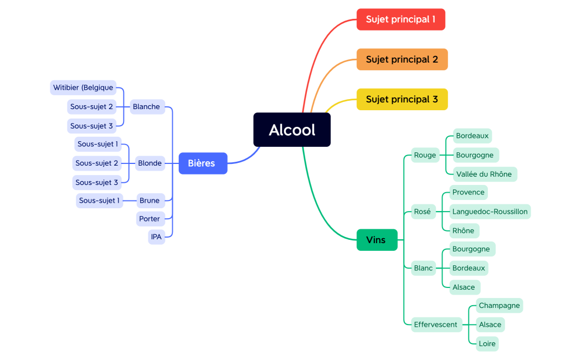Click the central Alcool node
click(292, 130)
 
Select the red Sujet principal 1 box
click(400, 19)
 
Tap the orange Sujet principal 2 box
click(402, 59)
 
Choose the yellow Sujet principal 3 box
click(402, 99)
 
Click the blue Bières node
click(203, 163)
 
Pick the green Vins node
click(377, 240)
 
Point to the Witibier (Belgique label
click(83, 88)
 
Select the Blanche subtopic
click(147, 107)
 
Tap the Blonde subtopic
click(150, 163)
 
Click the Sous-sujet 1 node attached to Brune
click(99, 200)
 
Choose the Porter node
click(150, 219)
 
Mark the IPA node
click(157, 237)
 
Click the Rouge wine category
click(425, 155)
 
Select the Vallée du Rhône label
click(484, 174)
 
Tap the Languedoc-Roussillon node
click(490, 211)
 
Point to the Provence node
click(468, 192)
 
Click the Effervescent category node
click(436, 325)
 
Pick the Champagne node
click(499, 305)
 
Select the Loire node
click(487, 343)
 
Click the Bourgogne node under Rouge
click(475, 155)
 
